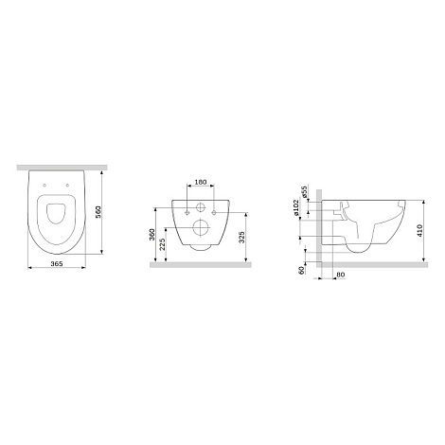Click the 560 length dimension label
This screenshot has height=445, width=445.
98,213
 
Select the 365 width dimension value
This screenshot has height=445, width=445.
57,263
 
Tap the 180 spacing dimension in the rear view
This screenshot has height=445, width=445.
201,182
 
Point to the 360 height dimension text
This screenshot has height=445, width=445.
151,235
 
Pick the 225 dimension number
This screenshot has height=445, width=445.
162,244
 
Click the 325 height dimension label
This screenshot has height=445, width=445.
241,238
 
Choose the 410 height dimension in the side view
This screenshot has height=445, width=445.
419,231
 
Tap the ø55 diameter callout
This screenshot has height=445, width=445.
304,191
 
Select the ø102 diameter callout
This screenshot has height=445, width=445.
296,207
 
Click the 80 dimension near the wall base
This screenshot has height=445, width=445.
340,275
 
